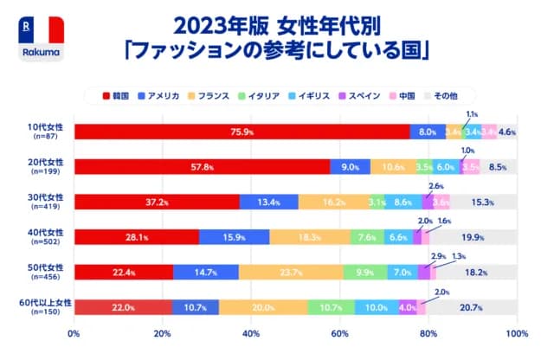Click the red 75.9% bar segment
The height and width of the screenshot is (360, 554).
click(x=242, y=132)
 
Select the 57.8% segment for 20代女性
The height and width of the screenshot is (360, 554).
click(x=202, y=167)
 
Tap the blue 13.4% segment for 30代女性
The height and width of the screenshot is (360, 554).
click(x=268, y=202)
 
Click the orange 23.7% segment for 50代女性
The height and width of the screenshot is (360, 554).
click(x=291, y=272)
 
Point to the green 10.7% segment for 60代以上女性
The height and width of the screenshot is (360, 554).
click(x=331, y=307)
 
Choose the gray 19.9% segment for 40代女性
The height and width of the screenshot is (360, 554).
click(x=473, y=237)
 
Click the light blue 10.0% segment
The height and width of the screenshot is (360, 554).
click(x=377, y=307)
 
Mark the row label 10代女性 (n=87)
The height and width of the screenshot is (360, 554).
click(x=42, y=132)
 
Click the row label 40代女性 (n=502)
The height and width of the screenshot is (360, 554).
click(x=42, y=237)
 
